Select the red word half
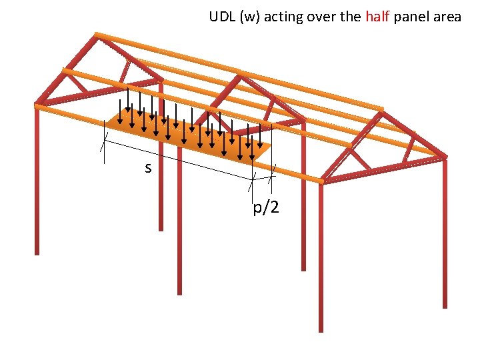pyautogui.click(x=380, y=17)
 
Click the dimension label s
pyautogui.click(x=148, y=168)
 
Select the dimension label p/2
pyautogui.click(x=266, y=208)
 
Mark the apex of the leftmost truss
pyautogui.click(x=97, y=34)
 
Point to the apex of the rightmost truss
pyautogui.click(x=382, y=109)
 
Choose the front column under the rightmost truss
pyautogui.click(x=320, y=260)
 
